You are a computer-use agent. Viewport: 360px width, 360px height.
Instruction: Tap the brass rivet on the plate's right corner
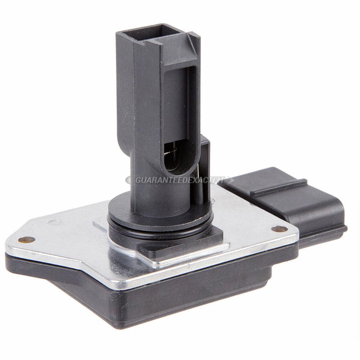tap(279, 229)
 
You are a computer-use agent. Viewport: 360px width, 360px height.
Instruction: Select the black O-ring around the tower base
tap(161, 227)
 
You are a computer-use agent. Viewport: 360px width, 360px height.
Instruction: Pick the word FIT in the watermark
tap(218, 180)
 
